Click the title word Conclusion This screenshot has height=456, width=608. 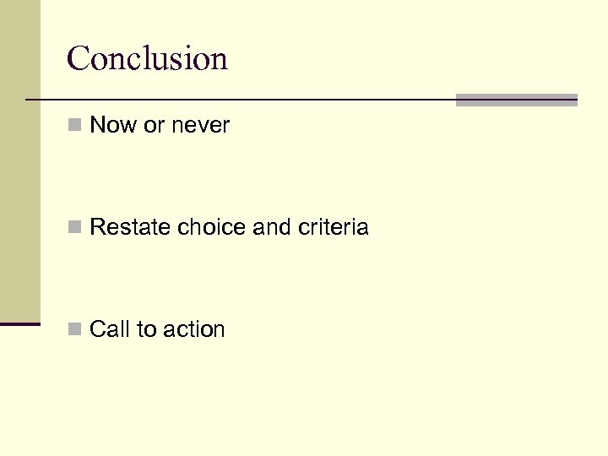[x=147, y=59]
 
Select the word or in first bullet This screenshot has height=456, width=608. [x=154, y=126]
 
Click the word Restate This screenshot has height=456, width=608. [x=121, y=227]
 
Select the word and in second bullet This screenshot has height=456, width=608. [x=252, y=227]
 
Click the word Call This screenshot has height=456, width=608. [x=106, y=329]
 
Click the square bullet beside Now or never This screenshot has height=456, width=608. [x=76, y=126]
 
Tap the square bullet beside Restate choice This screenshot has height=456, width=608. [x=76, y=227]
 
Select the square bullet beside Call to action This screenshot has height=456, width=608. [x=76, y=329]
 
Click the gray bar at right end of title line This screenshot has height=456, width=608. [x=516, y=100]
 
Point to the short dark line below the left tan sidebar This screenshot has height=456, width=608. [x=20, y=323]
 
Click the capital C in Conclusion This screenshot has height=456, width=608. [x=79, y=59]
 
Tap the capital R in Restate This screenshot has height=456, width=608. [x=96, y=227]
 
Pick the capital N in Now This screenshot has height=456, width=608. [x=97, y=126]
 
